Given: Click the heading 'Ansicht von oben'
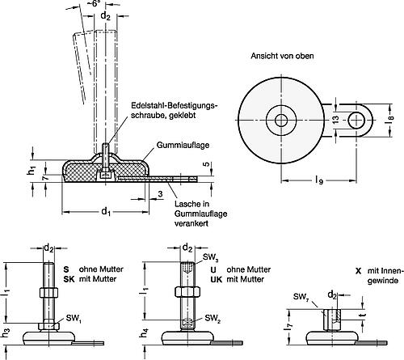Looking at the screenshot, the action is click(x=282, y=56).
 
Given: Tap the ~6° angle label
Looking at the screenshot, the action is click(x=94, y=3).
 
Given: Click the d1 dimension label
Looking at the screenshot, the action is click(x=106, y=211).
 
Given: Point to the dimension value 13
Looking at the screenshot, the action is click(x=336, y=120).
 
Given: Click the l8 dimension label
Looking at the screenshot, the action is click(x=391, y=119).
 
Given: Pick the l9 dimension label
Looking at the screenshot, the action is click(x=319, y=180).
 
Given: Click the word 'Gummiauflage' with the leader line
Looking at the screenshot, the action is click(x=183, y=145).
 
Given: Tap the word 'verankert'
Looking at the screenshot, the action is click(x=191, y=223).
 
